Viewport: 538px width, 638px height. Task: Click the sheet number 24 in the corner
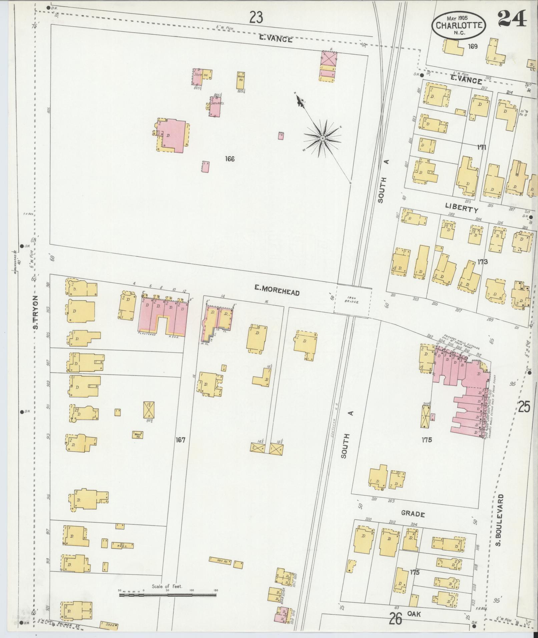click(512, 19)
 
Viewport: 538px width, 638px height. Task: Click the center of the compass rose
click(323, 138)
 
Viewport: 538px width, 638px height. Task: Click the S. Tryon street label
click(36, 312)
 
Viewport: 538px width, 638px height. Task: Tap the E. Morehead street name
click(277, 291)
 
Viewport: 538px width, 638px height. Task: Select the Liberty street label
click(462, 209)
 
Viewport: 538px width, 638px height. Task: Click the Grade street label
click(413, 514)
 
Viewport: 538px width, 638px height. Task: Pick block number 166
click(229, 159)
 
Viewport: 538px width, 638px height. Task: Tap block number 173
click(482, 262)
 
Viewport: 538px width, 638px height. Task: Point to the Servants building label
click(217, 103)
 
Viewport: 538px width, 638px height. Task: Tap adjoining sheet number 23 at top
click(256, 17)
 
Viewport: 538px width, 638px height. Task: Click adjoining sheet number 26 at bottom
click(396, 620)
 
